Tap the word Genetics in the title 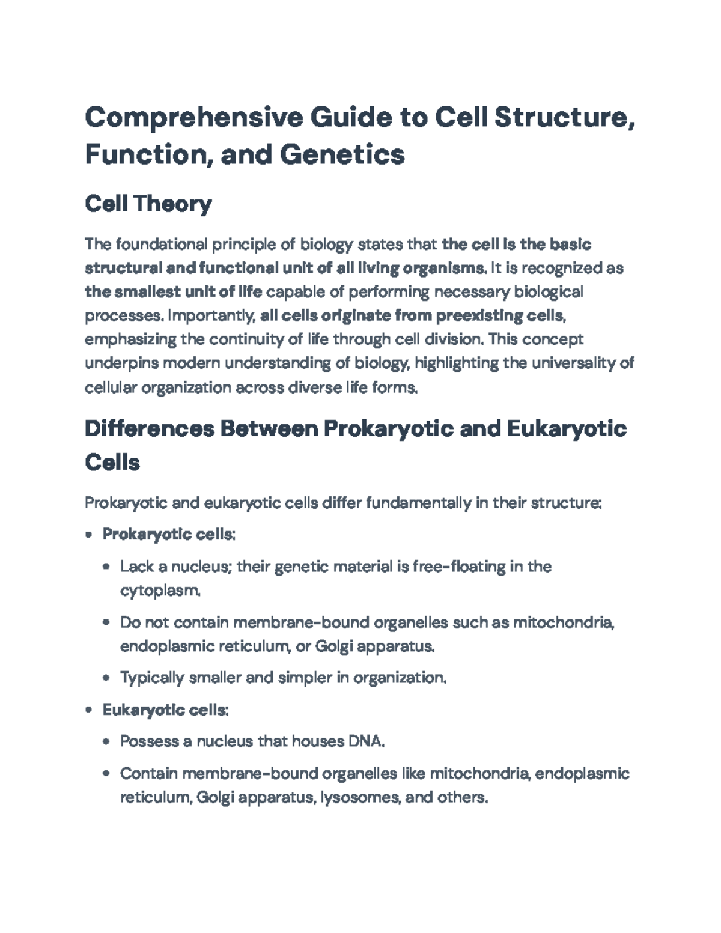click(342, 154)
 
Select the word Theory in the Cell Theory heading click(173, 204)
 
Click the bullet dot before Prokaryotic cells click(89, 534)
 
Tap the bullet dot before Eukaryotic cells click(89, 710)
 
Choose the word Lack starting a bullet click(136, 567)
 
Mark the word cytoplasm click(159, 591)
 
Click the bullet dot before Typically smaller click(106, 678)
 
